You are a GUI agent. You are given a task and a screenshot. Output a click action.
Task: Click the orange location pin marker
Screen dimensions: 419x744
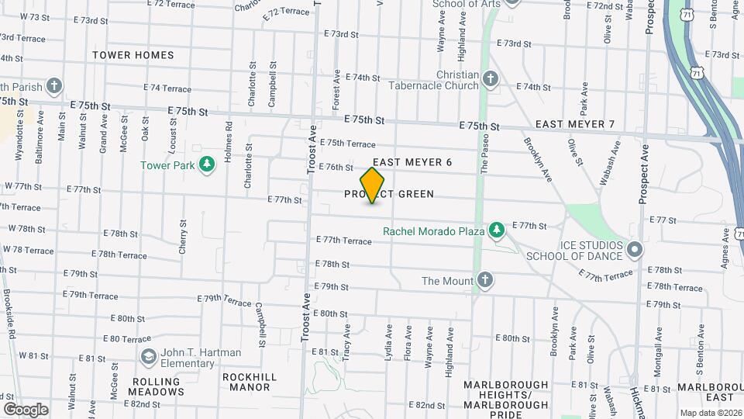click(x=373, y=185)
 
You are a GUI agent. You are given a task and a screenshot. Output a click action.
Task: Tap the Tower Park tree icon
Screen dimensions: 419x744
click(x=206, y=164)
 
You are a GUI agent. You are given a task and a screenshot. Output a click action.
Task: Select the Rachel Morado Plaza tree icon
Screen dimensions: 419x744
click(x=496, y=230)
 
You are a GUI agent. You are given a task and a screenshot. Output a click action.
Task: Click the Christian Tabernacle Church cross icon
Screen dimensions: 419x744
click(x=490, y=78)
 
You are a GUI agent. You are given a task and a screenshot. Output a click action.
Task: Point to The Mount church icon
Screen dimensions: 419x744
click(x=485, y=280)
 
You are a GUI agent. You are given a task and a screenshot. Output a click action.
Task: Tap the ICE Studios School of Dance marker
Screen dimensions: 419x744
click(x=635, y=249)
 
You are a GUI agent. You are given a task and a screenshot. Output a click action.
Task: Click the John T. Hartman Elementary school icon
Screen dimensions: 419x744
click(x=147, y=357)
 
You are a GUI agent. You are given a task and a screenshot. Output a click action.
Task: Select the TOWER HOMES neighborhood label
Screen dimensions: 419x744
click(x=133, y=55)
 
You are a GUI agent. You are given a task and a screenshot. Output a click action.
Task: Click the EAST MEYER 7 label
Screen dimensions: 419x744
click(x=574, y=125)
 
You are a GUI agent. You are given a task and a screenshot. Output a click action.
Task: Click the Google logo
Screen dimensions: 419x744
click(x=25, y=409)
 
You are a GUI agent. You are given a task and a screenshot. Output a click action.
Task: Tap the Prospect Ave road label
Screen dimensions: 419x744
click(x=642, y=171)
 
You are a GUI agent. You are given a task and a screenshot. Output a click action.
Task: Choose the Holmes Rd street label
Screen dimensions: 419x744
click(x=229, y=141)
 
